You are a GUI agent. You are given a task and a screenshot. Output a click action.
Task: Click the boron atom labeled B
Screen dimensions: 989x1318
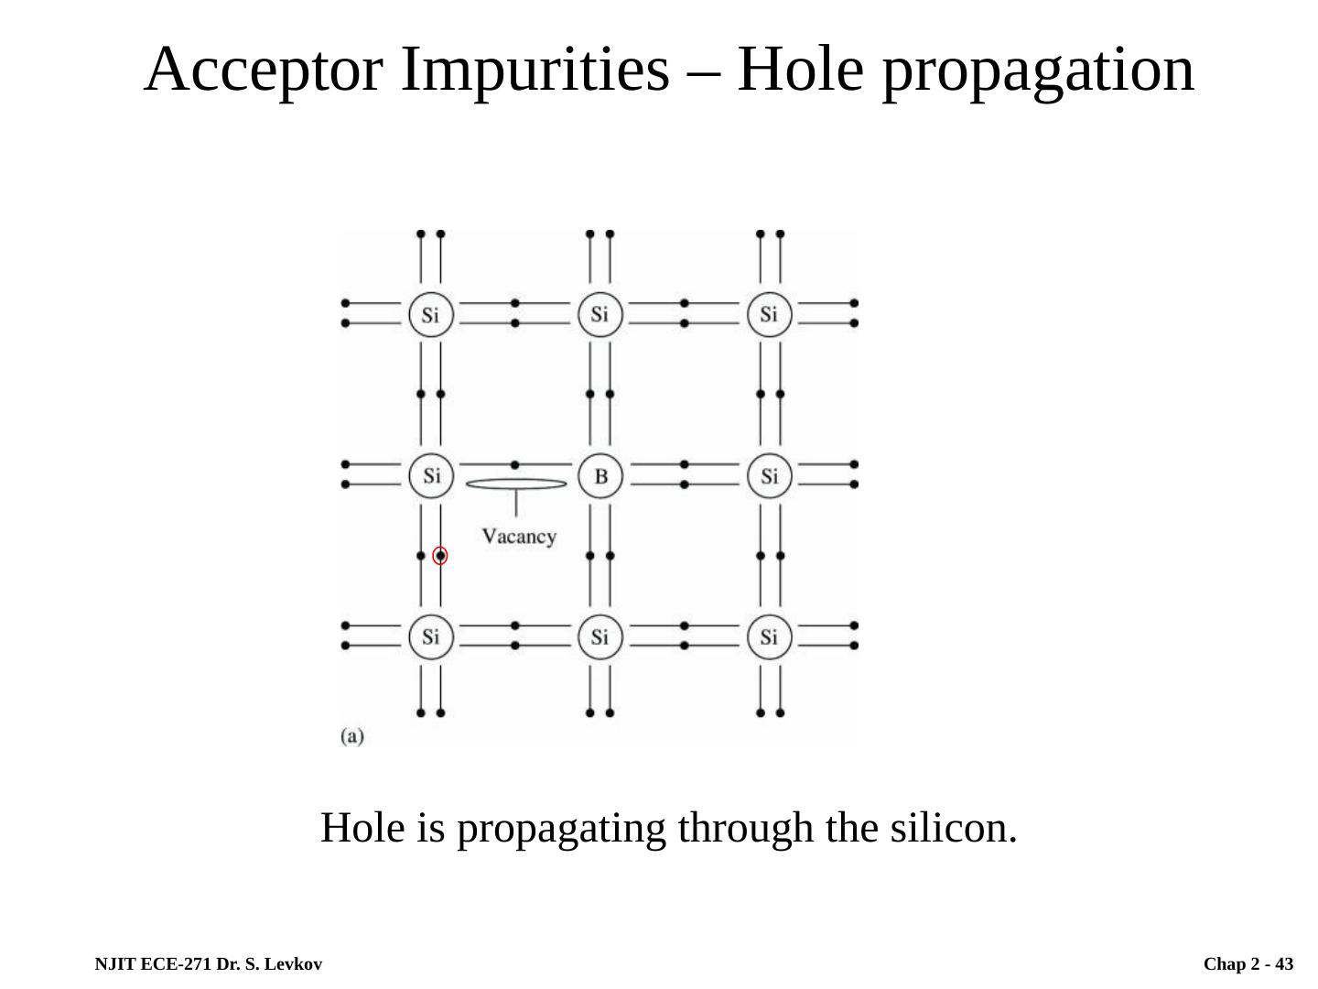click(600, 476)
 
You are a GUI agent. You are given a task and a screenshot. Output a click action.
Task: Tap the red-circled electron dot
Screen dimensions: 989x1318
click(440, 556)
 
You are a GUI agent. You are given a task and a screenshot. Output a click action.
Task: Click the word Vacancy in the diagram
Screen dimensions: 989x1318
click(519, 537)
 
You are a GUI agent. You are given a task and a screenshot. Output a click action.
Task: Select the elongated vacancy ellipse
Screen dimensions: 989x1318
click(516, 484)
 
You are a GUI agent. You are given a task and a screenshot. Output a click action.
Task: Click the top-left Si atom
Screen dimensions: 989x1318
click(431, 315)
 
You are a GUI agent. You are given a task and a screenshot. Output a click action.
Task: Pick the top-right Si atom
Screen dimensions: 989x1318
click(769, 315)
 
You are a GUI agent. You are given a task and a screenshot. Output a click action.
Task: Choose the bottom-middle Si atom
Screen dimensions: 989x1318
click(600, 636)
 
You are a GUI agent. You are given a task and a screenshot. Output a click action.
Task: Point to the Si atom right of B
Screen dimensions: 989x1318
click(769, 476)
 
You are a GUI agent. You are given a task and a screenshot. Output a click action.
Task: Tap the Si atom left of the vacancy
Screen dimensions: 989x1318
click(431, 476)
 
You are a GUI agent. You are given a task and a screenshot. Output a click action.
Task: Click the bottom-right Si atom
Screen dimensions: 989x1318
click(769, 636)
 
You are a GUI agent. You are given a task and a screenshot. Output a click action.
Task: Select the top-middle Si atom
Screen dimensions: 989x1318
click(600, 315)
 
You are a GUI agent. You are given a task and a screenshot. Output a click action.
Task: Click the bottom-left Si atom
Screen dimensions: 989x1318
click(431, 636)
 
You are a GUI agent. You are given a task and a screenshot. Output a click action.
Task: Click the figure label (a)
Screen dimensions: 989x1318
click(352, 736)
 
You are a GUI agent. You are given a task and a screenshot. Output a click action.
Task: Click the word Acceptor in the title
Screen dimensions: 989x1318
click(265, 71)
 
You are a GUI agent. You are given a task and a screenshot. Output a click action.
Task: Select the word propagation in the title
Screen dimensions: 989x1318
click(1038, 71)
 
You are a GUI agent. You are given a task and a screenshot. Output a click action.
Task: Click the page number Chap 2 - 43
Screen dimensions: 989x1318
click(1248, 964)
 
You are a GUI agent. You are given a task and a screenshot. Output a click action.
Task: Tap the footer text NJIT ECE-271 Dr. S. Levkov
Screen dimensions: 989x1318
click(209, 964)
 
